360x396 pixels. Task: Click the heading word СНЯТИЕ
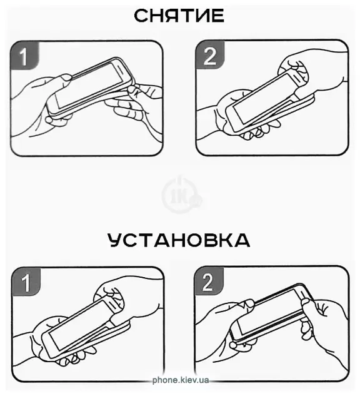point(179,16)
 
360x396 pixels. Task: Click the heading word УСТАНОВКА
point(179,240)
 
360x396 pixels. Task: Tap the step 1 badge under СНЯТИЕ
point(25,56)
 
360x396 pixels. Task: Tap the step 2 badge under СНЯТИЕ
point(210,55)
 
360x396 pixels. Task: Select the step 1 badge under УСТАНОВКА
point(26,282)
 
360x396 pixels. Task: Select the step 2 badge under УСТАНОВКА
point(209,281)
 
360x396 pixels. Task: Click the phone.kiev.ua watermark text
point(181,380)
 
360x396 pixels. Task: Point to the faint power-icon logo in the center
point(181,194)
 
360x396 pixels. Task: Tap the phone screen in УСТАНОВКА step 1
point(77,324)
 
